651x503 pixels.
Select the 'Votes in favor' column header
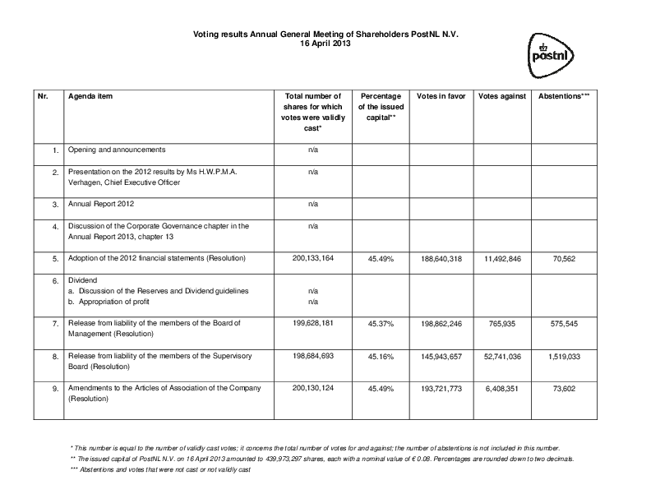tap(441, 96)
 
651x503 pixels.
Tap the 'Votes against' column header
tap(501, 96)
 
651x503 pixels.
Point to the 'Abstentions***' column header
tap(563, 96)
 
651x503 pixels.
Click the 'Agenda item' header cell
tap(90, 96)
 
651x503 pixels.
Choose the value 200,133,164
tap(313, 258)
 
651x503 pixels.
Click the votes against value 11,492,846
tap(501, 258)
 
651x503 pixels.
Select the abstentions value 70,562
tap(563, 258)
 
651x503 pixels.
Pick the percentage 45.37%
tap(381, 324)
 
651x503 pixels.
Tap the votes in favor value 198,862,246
tap(441, 324)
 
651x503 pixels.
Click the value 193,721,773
tap(441, 388)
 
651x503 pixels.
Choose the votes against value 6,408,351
tap(501, 388)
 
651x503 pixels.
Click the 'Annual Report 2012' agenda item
tap(102, 203)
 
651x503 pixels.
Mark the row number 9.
tap(55, 388)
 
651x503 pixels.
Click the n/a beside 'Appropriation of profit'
tap(313, 302)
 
